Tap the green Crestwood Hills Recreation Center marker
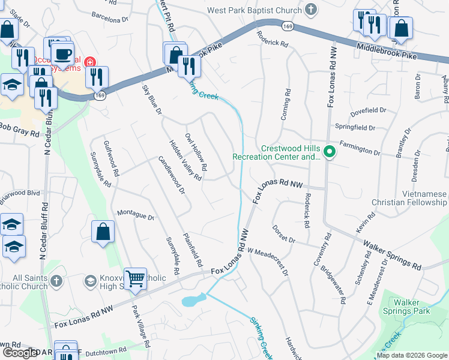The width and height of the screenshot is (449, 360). (329, 153)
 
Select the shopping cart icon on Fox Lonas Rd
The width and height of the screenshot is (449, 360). (136, 278)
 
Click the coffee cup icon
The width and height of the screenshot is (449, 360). (62, 53)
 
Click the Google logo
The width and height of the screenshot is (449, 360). (19, 353)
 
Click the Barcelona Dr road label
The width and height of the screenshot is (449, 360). (110, 19)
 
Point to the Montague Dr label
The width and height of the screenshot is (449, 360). (136, 215)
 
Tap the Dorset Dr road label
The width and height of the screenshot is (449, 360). (283, 234)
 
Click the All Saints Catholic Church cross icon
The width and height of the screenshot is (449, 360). (56, 281)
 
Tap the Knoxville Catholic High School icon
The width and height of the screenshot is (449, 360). (90, 281)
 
